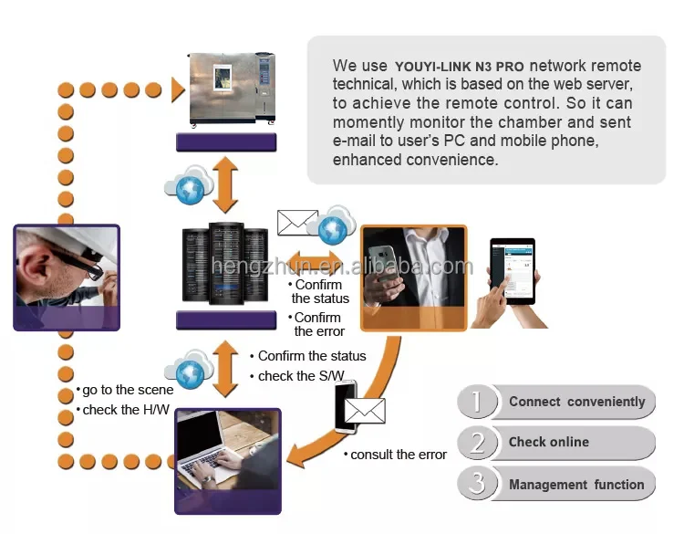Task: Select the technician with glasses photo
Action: (66, 273)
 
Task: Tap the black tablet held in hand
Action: (512, 271)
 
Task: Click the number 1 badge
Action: (476, 402)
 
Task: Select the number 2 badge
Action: (476, 443)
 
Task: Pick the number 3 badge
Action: (476, 484)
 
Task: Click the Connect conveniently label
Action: (576, 402)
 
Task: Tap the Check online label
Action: (548, 442)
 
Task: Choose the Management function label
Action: (576, 485)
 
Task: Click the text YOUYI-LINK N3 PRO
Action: (460, 67)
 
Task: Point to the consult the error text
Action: (398, 454)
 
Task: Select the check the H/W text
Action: (126, 410)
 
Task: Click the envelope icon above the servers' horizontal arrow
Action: (296, 222)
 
